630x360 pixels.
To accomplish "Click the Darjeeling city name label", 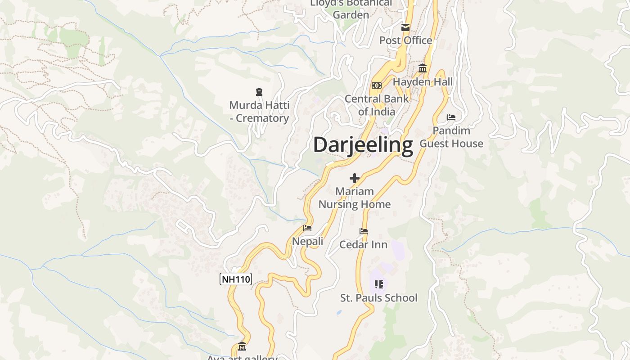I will (x=363, y=145).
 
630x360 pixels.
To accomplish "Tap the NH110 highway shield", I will (x=236, y=279).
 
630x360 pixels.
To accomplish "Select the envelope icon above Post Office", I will (x=405, y=27).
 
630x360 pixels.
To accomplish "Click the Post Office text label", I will (x=405, y=40).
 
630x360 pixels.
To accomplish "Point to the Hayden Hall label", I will (x=423, y=82).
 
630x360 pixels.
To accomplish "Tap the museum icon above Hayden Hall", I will (x=423, y=68).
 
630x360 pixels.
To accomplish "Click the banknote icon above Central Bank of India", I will (x=376, y=85).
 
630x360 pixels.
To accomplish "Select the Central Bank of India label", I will (x=377, y=105).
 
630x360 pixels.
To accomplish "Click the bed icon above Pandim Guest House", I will (x=451, y=117).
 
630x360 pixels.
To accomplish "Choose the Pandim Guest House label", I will (x=451, y=137).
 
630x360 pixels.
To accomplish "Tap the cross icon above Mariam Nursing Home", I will (x=355, y=178).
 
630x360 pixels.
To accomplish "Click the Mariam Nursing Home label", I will (x=355, y=198).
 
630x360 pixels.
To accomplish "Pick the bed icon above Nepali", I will (x=307, y=228).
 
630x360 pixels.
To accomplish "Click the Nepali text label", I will (x=308, y=242).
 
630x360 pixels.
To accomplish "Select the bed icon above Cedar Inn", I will (x=364, y=231).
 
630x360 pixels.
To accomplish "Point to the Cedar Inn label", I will (x=364, y=245).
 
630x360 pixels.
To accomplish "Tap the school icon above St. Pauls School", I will (x=379, y=284).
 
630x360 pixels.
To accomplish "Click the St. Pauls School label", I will (x=379, y=298).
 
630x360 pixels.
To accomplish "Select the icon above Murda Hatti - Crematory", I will (x=259, y=92).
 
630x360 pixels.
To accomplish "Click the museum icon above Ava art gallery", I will (x=242, y=346).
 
